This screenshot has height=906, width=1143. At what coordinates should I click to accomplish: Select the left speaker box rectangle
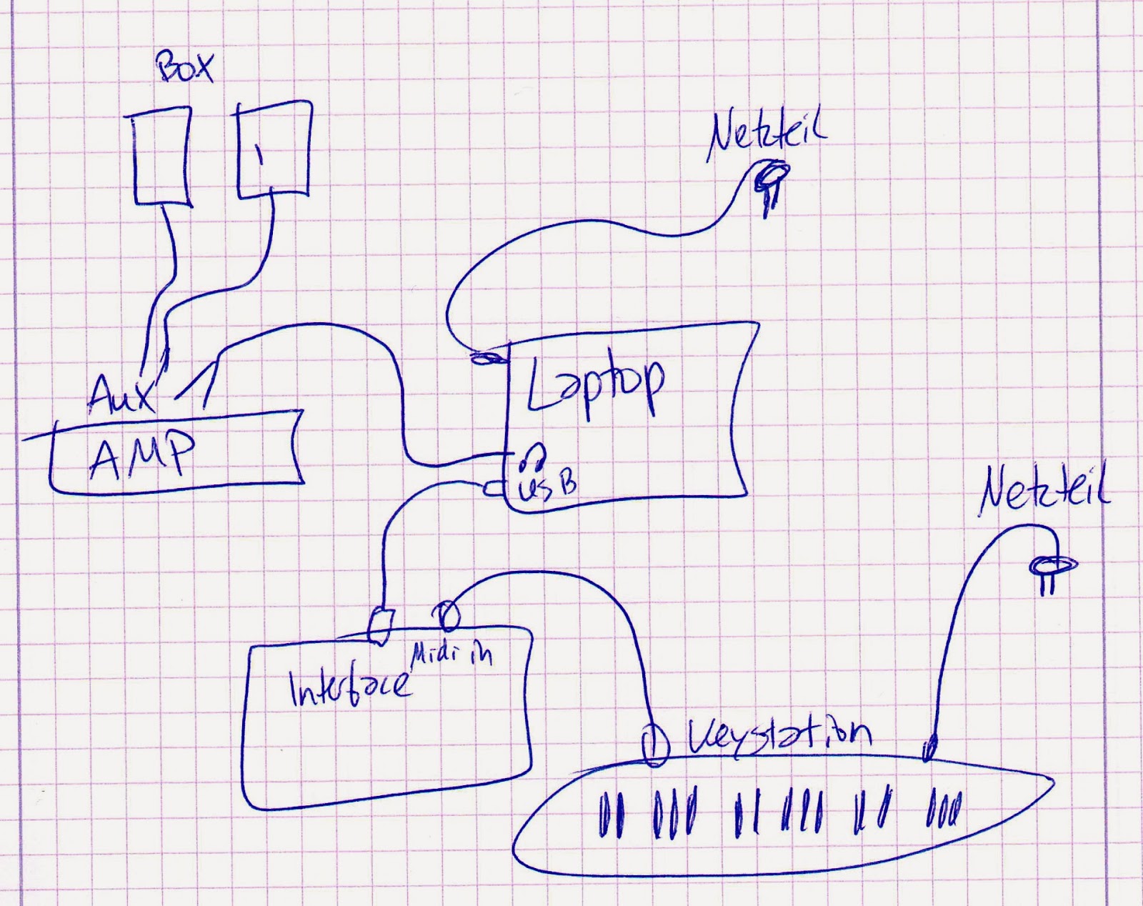click(163, 156)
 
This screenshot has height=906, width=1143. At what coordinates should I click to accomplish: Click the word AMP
click(143, 455)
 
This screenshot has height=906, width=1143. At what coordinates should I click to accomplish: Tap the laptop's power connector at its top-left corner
click(487, 358)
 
